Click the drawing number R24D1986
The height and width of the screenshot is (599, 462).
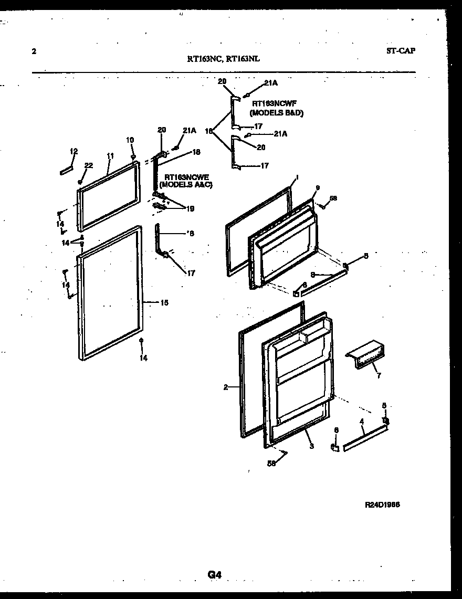click(x=382, y=505)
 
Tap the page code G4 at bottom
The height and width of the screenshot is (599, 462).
click(x=214, y=575)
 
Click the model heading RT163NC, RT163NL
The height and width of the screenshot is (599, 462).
click(x=223, y=59)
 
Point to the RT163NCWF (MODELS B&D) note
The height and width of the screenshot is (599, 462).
click(x=277, y=109)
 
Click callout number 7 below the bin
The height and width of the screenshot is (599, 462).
click(x=377, y=376)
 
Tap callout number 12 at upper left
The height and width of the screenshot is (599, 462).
click(x=73, y=151)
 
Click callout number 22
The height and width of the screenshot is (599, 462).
click(x=88, y=165)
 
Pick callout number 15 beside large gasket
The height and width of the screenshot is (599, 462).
click(x=164, y=303)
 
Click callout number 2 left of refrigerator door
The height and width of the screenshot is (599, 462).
click(x=225, y=387)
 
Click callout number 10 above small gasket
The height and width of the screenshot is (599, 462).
click(x=130, y=140)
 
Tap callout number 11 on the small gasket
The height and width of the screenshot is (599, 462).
click(x=110, y=155)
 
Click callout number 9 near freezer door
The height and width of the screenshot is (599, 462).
click(x=317, y=188)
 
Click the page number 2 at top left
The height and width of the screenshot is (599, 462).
click(x=34, y=51)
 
